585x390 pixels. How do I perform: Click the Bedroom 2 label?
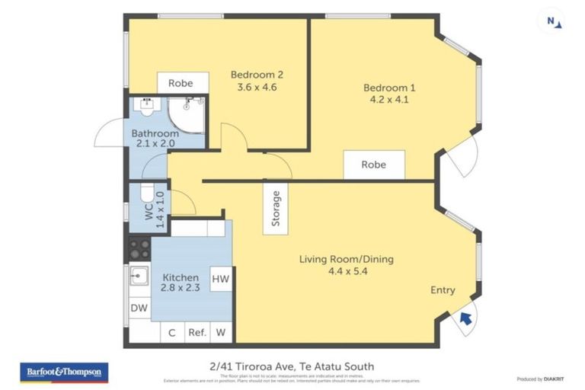257,75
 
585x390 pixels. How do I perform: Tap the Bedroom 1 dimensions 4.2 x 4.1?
388,99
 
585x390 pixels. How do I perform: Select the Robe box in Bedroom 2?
181,83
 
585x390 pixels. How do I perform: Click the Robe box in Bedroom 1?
373,165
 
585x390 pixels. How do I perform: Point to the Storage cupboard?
276,208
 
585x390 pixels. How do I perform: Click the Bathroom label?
155,134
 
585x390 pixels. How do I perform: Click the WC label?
149,206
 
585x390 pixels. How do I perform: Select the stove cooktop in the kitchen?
139,248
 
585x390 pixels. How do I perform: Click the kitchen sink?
139,275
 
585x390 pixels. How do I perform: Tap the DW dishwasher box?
139,308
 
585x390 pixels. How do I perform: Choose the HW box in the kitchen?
221,280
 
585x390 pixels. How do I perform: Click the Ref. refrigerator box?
197,332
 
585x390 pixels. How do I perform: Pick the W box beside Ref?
222,332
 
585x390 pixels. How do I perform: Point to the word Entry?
443,290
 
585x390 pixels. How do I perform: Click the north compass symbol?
554,22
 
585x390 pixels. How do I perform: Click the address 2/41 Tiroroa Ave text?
292,366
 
